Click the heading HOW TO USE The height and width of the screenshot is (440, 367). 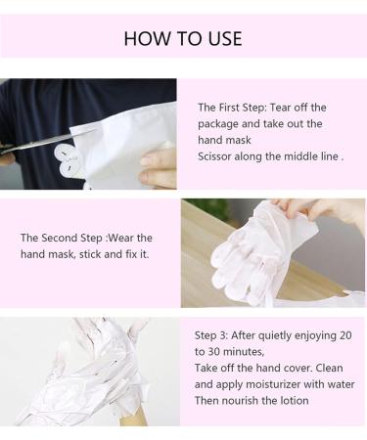tap(183, 39)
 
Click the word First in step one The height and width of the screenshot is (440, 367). tap(231, 107)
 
